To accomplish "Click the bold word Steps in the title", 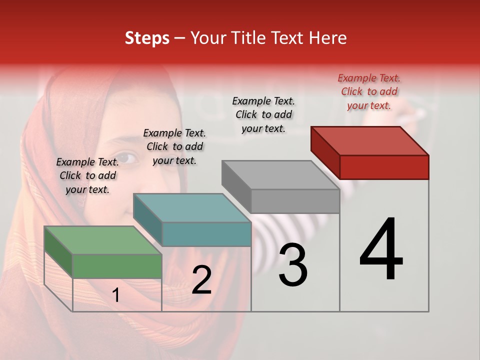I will pos(147,38).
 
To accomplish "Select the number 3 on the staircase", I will pos(293,265).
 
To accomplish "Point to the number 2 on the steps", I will pos(201,280).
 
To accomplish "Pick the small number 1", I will pos(116,295).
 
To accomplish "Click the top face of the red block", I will pos(369,140).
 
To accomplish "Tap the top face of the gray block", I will pos(280,175).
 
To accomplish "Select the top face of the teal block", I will pos(192,208).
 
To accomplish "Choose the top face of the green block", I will pos(103,240).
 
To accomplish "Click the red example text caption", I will pos(369,91).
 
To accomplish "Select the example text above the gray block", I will pos(263,114).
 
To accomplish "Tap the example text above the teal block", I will pos(174,146).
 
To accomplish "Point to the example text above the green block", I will pos(87,175).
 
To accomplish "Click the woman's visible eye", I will pos(128,158).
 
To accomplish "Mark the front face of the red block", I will pos(384,167).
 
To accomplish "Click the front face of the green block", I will pos(117,266).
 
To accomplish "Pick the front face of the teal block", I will pos(206,234).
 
